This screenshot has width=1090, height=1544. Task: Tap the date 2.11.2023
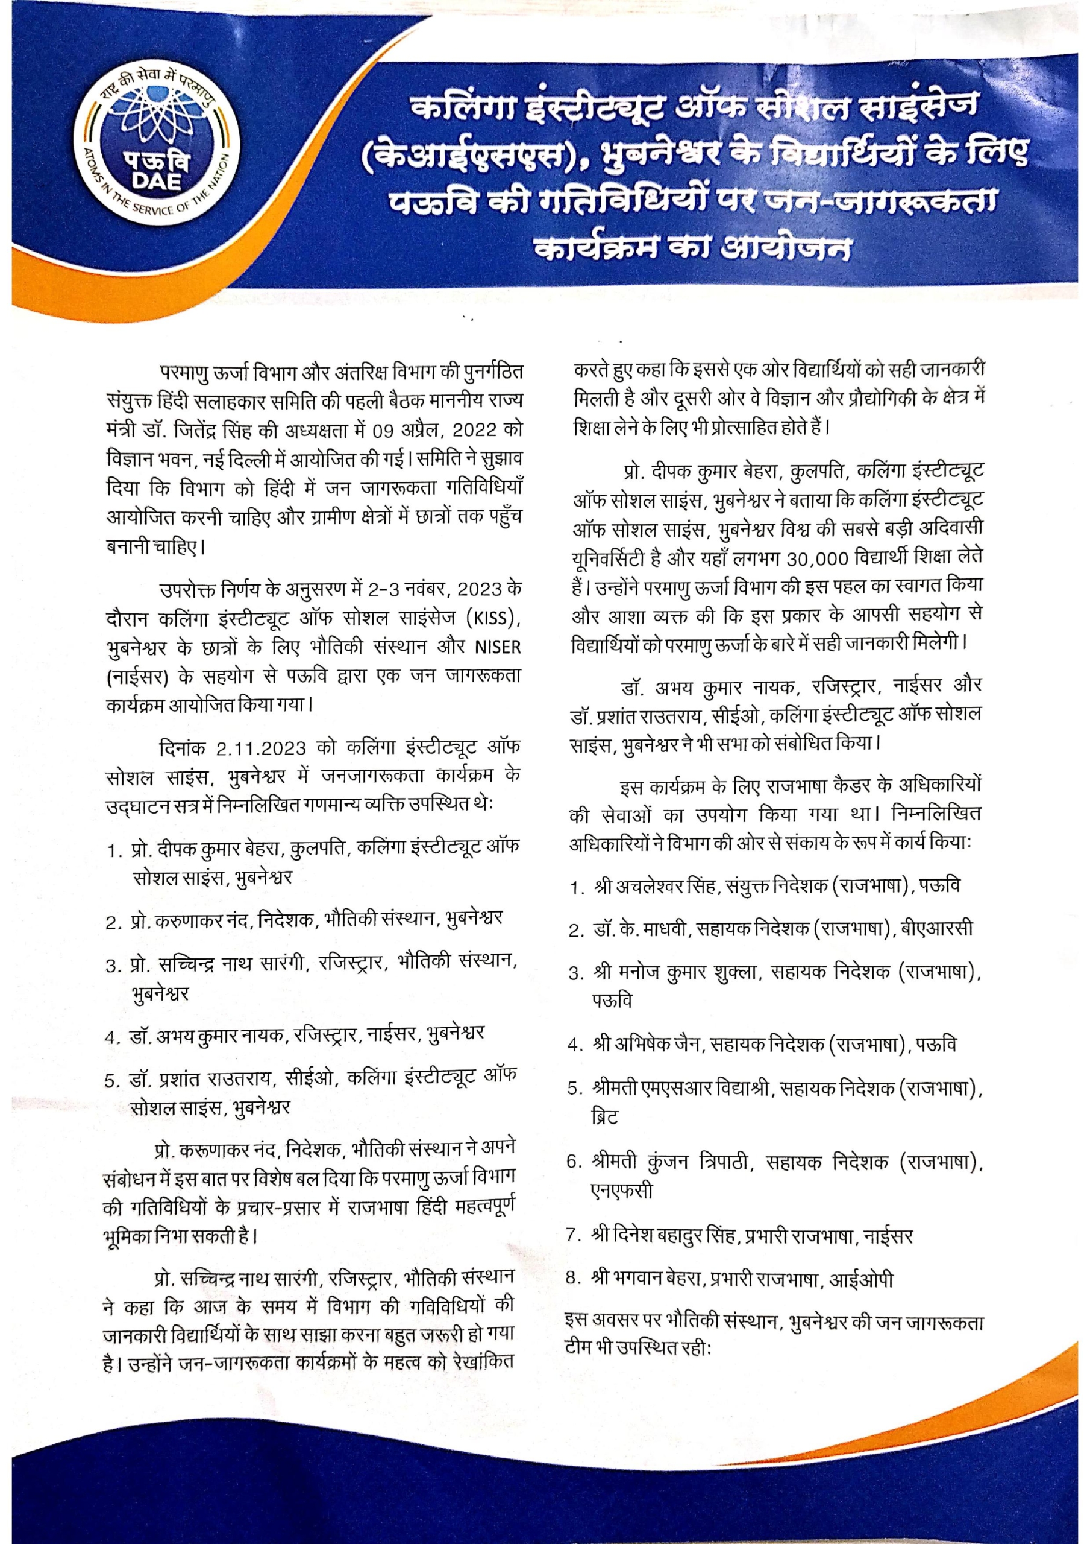coord(262,748)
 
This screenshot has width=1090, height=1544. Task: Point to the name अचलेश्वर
coord(643,887)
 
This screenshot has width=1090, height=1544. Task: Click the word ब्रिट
coord(604,1118)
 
